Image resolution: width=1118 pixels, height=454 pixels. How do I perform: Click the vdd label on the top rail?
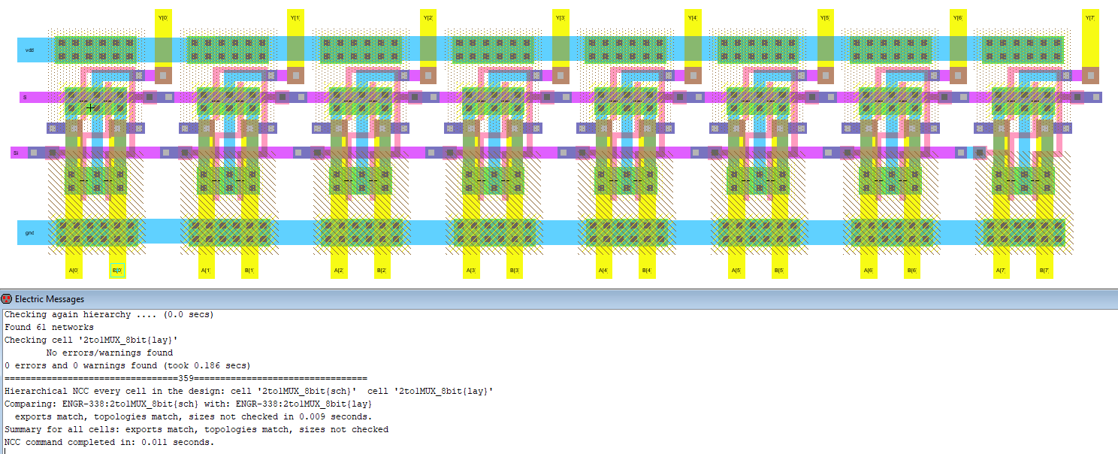29,50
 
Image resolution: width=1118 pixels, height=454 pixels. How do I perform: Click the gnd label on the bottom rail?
29,233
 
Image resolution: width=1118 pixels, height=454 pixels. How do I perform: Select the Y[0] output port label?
163,17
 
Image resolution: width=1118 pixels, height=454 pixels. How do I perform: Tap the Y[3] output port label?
561,17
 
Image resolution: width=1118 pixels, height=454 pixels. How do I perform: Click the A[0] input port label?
74,271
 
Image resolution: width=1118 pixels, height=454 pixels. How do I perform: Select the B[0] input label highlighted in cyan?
117,271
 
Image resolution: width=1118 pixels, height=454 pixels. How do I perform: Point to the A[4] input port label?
603,271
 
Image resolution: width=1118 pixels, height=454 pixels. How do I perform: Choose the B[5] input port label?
779,271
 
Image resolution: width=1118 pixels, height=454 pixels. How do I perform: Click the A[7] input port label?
1000,271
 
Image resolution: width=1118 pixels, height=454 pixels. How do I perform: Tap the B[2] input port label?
382,271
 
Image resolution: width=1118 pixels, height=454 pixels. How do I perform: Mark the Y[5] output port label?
825,17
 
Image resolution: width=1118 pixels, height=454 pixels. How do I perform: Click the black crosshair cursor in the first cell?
91,108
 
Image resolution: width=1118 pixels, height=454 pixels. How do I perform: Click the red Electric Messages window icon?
7,299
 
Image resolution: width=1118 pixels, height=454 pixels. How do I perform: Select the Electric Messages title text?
50,299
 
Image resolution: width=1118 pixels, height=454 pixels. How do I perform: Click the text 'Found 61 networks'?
49,327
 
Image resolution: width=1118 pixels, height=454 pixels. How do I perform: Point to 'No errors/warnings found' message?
110,353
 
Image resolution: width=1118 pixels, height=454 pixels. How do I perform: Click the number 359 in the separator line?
186,378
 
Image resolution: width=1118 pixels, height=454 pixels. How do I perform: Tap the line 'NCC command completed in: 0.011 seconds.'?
109,442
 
